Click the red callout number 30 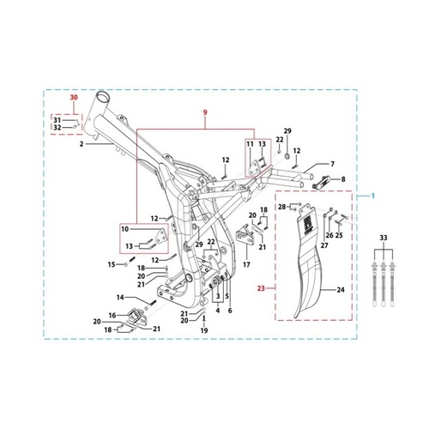pyautogui.click(x=74, y=98)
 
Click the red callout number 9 pyautogui.click(x=205, y=112)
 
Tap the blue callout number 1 pyautogui.click(x=372, y=196)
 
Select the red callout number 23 pyautogui.click(x=261, y=288)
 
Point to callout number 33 pyautogui.click(x=384, y=238)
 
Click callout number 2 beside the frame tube pyautogui.click(x=82, y=144)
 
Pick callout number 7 pyautogui.click(x=332, y=164)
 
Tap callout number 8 pyautogui.click(x=343, y=179)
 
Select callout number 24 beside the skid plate pyautogui.click(x=341, y=290)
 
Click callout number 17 pyautogui.click(x=246, y=265)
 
